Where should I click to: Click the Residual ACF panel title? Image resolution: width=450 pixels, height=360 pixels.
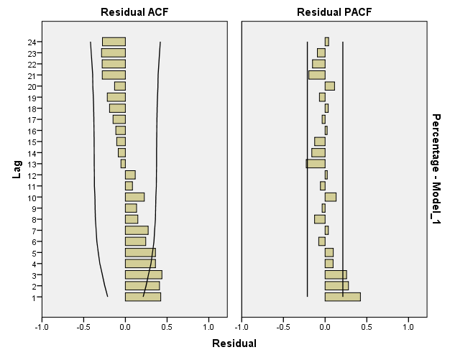click(125, 11)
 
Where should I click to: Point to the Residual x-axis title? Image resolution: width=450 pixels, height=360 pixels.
click(234, 343)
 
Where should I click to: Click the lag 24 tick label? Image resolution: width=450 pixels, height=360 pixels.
click(32, 42)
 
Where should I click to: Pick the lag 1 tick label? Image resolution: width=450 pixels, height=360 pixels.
click(35, 297)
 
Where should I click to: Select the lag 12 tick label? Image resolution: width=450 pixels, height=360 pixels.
click(32, 175)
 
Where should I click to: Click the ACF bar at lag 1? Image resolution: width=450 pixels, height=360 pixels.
click(142, 297)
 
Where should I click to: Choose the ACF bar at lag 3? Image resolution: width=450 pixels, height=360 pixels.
click(143, 274)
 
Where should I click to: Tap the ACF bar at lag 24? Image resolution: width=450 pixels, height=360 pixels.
click(114, 42)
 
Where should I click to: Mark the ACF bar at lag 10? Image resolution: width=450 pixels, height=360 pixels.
click(134, 197)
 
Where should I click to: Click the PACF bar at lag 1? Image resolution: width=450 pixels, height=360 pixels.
click(342, 297)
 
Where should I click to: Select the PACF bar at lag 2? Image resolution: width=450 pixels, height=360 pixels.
click(336, 285)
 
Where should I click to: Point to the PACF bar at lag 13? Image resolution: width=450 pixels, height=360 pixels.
click(316, 164)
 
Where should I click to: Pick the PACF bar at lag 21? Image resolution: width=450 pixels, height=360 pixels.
click(317, 75)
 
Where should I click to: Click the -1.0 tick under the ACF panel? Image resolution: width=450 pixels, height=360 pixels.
click(42, 328)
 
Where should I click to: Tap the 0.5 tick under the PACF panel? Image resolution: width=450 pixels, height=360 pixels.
click(367, 328)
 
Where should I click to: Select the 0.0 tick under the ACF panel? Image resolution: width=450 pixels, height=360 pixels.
click(125, 328)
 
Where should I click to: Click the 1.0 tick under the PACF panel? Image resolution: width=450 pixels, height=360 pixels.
click(408, 328)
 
